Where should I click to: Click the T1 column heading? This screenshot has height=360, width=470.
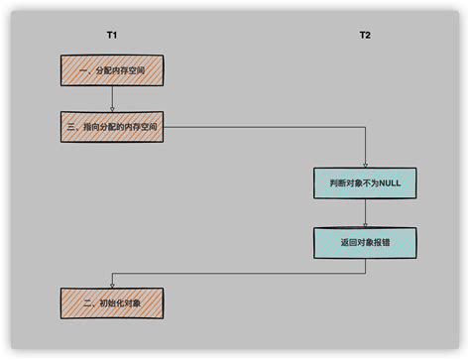pyautogui.click(x=112, y=36)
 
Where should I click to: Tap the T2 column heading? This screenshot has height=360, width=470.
pyautogui.click(x=365, y=36)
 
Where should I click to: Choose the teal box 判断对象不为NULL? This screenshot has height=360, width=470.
pyautogui.click(x=365, y=183)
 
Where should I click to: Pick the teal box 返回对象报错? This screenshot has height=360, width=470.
pyautogui.click(x=365, y=241)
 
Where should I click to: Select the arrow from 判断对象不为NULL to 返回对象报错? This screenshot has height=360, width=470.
pyautogui.click(x=365, y=212)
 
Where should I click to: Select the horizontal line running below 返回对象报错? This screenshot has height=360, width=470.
pyautogui.click(x=238, y=271)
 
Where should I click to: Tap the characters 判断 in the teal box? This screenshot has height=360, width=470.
pyautogui.click(x=335, y=183)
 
